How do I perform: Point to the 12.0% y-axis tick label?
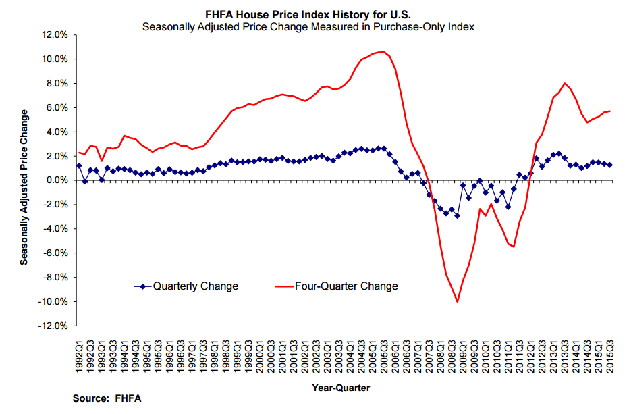coord(55,34)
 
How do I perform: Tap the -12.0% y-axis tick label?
coord(53,326)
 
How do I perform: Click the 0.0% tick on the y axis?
coord(57,180)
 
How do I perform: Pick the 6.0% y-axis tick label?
coord(57,107)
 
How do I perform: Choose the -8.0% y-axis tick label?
coord(55,277)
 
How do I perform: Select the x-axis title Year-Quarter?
coord(341,388)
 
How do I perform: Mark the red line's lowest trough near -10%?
coord(458,301)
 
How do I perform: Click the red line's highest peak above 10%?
coord(382,52)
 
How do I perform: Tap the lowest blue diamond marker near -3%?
coord(457,215)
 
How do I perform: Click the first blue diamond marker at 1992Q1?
coord(79,165)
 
